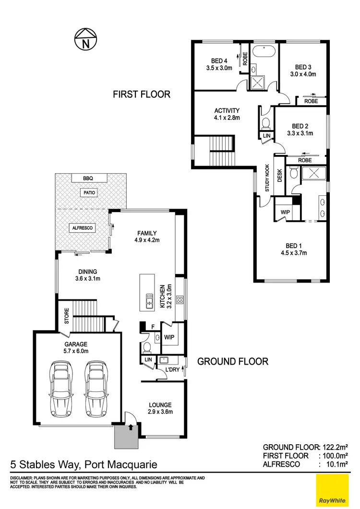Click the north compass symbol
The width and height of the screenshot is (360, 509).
tap(86, 39)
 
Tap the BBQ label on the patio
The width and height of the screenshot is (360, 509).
tap(87, 178)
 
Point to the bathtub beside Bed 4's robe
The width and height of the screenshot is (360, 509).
tap(264, 51)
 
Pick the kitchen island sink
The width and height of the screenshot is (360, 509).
tap(149, 303)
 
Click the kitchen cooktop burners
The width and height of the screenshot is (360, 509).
tap(180, 300)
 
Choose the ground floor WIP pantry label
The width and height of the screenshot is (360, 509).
tap(168, 337)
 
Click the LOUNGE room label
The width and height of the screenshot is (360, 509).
tap(160, 405)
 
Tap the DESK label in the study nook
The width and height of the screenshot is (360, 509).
tap(280, 177)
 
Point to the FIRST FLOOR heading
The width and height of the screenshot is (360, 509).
tap(142, 94)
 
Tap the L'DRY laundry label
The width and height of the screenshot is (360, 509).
tap(172, 370)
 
